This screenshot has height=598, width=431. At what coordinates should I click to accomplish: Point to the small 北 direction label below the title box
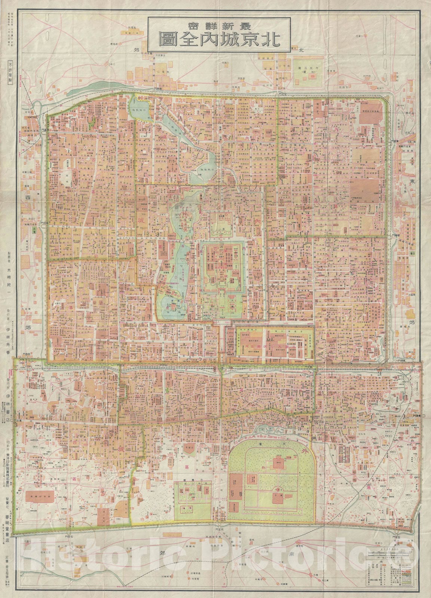(302, 50)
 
